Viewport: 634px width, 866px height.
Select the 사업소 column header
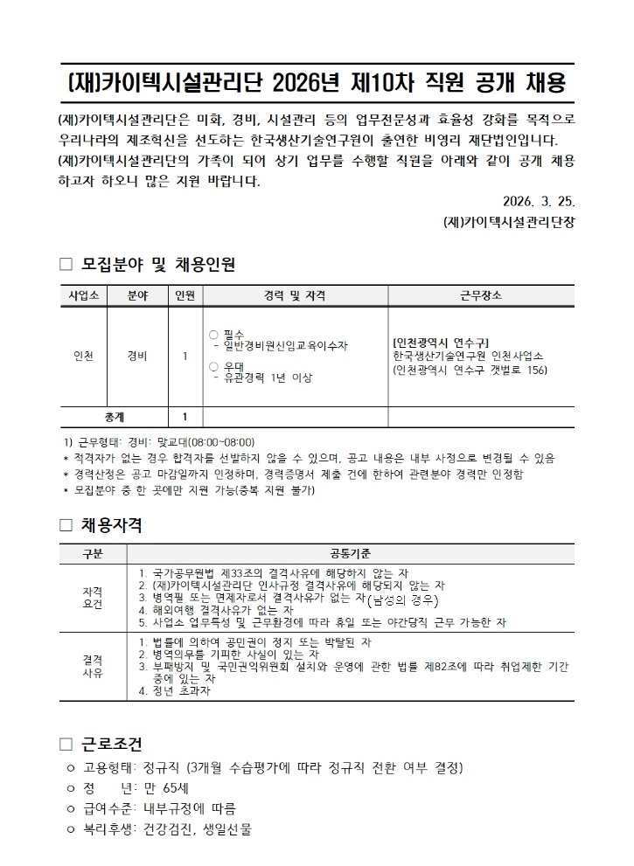tap(82, 295)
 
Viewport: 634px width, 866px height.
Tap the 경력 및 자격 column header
tap(295, 295)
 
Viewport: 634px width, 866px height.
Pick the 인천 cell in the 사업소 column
tap(82, 356)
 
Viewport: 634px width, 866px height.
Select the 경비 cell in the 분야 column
tap(136, 356)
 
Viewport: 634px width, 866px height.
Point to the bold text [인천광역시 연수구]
tap(441, 342)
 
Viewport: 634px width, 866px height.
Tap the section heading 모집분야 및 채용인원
tap(157, 265)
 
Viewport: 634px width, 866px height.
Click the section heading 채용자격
tap(111, 525)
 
